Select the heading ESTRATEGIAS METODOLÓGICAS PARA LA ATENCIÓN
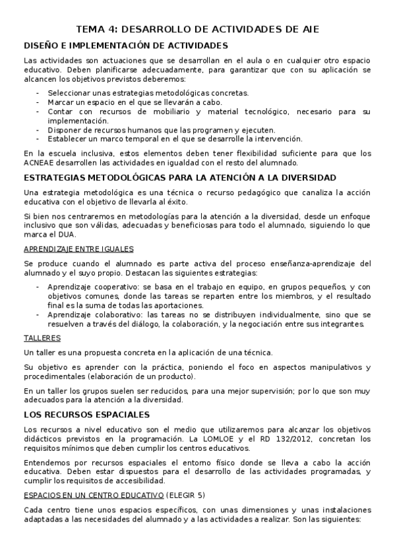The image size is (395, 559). [x=180, y=177]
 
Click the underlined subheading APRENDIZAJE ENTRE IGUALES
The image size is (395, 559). [x=78, y=249]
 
